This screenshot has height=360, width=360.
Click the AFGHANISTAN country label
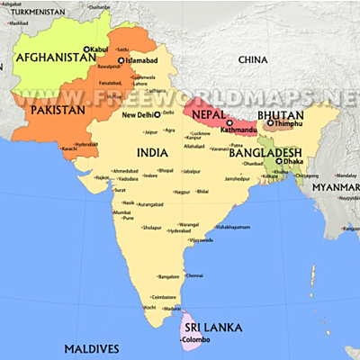point(55,57)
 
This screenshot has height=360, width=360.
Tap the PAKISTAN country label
point(58,109)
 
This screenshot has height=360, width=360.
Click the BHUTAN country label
point(281,116)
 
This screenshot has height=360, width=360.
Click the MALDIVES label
point(91,348)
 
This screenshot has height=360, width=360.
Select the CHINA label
point(254,59)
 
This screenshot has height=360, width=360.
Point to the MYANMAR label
point(335,187)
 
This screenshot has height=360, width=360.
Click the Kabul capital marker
point(87,49)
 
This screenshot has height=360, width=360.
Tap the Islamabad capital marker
point(121,60)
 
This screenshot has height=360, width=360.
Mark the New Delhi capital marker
point(157,115)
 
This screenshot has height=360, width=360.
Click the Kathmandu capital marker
point(229,122)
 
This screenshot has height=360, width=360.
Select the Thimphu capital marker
point(269,123)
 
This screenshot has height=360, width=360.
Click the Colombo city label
point(196,340)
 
